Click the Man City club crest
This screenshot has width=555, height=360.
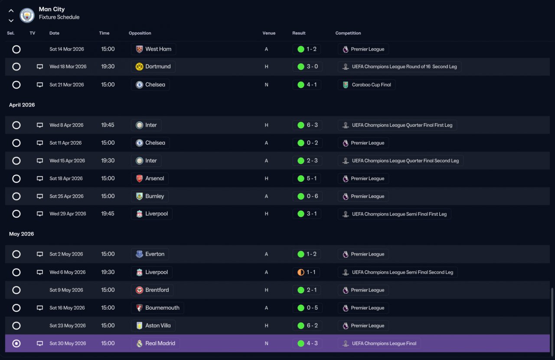(27, 15)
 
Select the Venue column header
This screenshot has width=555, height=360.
(269, 33)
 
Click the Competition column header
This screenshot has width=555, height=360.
(348, 33)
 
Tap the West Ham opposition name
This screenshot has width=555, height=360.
(158, 49)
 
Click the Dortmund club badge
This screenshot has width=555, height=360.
(140, 66)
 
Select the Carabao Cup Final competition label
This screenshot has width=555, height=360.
(372, 85)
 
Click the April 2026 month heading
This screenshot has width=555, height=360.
(22, 105)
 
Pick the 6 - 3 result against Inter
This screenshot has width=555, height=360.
(312, 125)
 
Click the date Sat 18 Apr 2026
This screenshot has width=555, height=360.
(66, 179)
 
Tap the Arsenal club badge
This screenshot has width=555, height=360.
(140, 179)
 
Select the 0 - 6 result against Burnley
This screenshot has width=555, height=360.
(312, 196)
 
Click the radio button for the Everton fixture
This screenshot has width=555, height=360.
(16, 254)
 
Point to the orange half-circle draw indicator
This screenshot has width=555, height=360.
(301, 272)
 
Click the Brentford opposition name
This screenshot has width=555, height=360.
(157, 290)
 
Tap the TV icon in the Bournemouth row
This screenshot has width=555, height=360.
(39, 308)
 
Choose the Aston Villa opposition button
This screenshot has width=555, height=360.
(153, 326)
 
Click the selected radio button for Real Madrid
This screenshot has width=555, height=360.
(16, 344)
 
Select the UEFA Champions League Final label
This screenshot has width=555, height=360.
(384, 344)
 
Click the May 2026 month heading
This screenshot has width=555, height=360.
(22, 234)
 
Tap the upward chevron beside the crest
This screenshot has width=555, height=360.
(11, 11)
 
